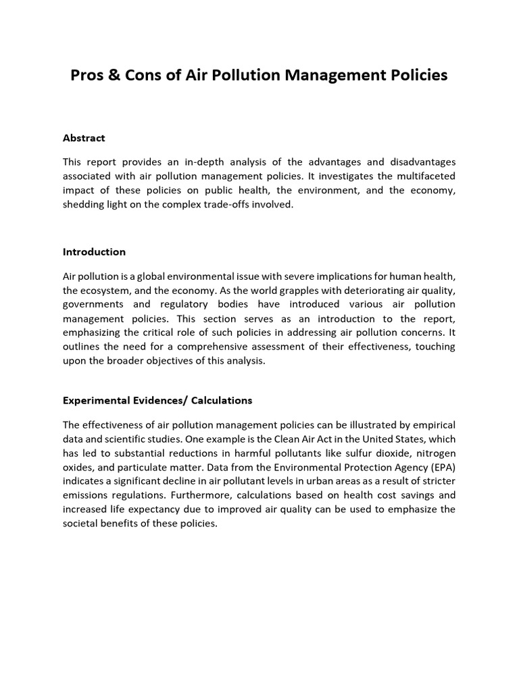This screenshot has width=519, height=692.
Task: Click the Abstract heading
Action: pyautogui.click(x=84, y=138)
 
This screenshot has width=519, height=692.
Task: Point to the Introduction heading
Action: pyautogui.click(x=94, y=251)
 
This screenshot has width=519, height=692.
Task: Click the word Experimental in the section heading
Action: pyautogui.click(x=96, y=400)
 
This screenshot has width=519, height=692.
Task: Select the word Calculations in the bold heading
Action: pyautogui.click(x=222, y=400)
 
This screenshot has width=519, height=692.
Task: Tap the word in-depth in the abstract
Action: pyautogui.click(x=207, y=162)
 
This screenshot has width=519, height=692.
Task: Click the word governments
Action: pyautogui.click(x=93, y=304)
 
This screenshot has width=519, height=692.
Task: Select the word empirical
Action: pyautogui.click(x=432, y=424)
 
